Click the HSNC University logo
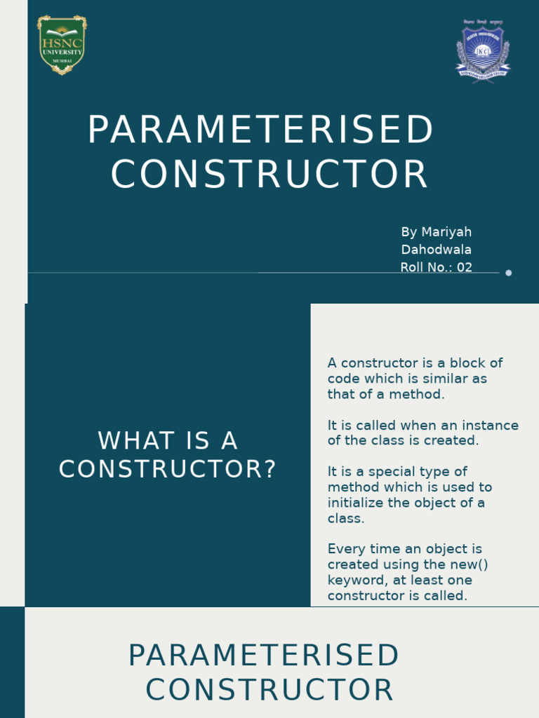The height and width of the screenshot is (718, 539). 62,46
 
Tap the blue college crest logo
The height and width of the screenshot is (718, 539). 483,51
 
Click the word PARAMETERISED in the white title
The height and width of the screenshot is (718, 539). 261,130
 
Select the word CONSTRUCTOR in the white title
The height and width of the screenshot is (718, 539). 269,175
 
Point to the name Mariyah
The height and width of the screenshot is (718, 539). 446,232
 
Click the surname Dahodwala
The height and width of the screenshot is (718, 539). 436,250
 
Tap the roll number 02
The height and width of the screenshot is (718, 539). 465,267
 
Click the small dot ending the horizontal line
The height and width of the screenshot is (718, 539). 509,273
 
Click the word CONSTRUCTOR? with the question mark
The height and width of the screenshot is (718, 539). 168,469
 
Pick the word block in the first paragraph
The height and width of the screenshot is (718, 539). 467,363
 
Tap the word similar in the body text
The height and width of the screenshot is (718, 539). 445,379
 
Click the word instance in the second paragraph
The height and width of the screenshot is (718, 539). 492,426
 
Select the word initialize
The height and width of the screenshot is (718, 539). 358,503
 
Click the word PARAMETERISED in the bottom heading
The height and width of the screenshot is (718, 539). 263,656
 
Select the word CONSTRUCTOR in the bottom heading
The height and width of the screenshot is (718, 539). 269,690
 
